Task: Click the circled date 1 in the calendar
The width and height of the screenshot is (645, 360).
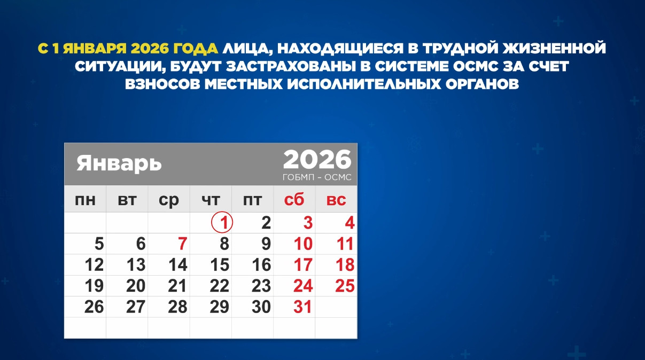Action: coord(222,223)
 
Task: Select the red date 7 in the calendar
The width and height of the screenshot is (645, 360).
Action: coord(182,244)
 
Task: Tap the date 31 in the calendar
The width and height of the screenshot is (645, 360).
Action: coord(303,307)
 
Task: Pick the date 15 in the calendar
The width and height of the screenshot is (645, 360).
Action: coord(220,265)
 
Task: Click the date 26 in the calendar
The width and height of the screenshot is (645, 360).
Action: coord(94,307)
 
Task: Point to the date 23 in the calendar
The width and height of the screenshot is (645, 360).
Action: coord(261,286)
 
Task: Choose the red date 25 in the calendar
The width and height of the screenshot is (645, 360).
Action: coord(345,286)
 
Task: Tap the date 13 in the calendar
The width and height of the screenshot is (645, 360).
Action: coord(136,265)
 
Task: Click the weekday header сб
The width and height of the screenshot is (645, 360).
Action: coord(294,200)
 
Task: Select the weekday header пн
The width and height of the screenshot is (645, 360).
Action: coord(86,200)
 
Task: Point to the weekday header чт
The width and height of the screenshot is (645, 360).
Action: coord(211,200)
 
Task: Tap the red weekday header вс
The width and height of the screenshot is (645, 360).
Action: coord(336,200)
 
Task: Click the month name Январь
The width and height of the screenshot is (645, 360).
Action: coord(119,163)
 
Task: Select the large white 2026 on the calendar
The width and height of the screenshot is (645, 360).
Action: coord(317,159)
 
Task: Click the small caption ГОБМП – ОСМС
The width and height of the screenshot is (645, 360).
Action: coord(317,177)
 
